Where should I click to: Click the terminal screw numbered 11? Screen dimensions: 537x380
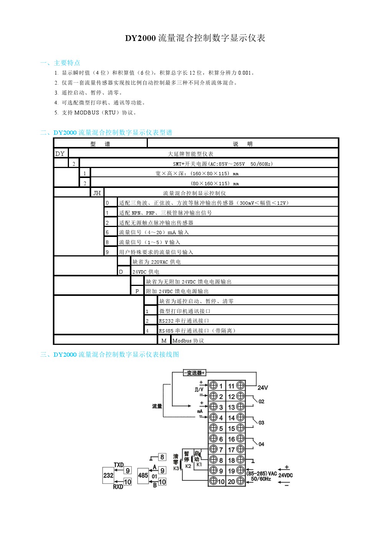[241, 385]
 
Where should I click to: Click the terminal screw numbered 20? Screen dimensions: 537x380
[241, 481]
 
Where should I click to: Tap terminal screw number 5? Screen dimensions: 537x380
[213, 428]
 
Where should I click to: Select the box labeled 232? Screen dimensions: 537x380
[108, 475]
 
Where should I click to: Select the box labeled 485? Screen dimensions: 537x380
[143, 475]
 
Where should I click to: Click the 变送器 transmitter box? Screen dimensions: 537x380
[195, 373]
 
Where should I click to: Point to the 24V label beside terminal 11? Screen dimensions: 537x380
[263, 388]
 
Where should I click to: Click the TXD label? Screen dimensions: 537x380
[118, 465]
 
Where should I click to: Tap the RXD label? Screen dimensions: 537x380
[118, 487]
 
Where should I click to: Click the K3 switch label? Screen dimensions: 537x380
[176, 468]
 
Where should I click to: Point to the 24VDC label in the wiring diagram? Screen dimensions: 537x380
[285, 475]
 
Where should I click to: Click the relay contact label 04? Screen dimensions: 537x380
[261, 444]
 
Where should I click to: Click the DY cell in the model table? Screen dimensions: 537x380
[60, 154]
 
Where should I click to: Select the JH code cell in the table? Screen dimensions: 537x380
[97, 193]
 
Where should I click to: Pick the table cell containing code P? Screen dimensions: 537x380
[137, 291]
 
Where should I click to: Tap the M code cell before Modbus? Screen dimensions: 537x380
[164, 341]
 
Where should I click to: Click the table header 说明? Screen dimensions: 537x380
[242, 144]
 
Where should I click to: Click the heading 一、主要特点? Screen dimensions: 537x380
[60, 63]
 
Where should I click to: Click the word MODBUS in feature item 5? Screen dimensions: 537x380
[87, 113]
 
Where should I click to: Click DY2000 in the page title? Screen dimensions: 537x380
[140, 38]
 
